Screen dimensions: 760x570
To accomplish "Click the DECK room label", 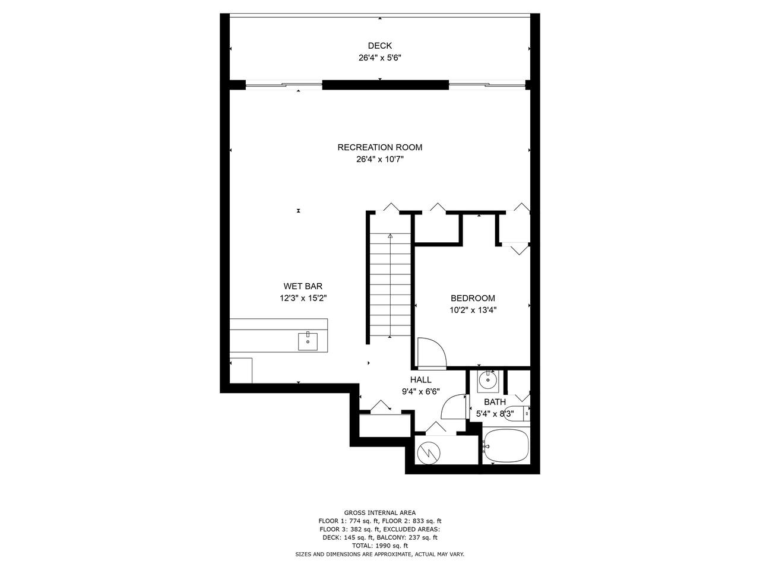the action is pyautogui.click(x=379, y=46).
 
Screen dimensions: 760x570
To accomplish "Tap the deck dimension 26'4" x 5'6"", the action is pyautogui.click(x=379, y=58).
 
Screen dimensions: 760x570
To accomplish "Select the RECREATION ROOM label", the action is pyautogui.click(x=379, y=147).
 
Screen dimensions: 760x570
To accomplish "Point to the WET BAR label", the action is pyautogui.click(x=303, y=286).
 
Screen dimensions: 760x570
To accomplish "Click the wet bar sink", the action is pyautogui.click(x=308, y=341).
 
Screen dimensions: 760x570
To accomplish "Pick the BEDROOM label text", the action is pyautogui.click(x=473, y=298).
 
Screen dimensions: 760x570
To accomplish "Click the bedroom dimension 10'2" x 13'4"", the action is pyautogui.click(x=473, y=310).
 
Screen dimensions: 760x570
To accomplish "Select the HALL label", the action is pyautogui.click(x=421, y=379).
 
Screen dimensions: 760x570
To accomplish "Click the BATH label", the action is pyautogui.click(x=495, y=402).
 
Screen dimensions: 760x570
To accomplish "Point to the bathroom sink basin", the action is pyautogui.click(x=488, y=380).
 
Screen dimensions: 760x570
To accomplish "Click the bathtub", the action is pyautogui.click(x=506, y=446).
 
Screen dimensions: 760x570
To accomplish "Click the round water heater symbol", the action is pyautogui.click(x=429, y=452).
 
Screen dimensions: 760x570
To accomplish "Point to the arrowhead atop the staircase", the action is pyautogui.click(x=390, y=236).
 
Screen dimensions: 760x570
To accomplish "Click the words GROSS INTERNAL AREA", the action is pyautogui.click(x=379, y=513).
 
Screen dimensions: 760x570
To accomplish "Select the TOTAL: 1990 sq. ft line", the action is pyautogui.click(x=379, y=546).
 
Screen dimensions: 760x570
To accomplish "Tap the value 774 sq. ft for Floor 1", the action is pyautogui.click(x=364, y=521).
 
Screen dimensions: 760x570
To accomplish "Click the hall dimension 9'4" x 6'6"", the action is pyautogui.click(x=421, y=392).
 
